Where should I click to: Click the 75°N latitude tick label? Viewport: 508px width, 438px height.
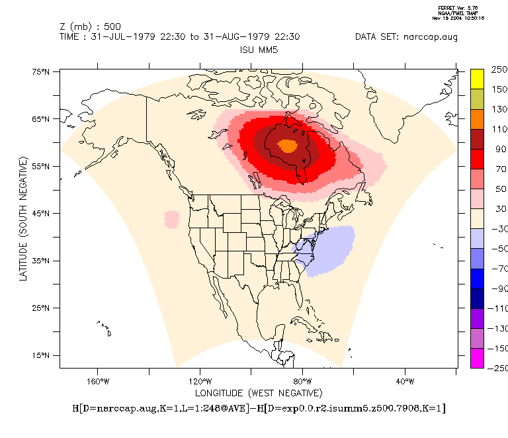(42, 71)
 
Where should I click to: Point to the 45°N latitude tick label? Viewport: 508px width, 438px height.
(42, 214)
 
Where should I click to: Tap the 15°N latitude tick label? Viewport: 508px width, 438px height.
(42, 356)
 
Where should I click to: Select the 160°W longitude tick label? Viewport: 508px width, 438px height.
(97, 381)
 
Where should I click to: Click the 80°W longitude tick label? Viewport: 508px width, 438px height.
(302, 381)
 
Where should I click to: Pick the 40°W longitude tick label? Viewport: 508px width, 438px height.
(405, 381)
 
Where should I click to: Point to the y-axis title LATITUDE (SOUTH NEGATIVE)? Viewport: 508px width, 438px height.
(23, 218)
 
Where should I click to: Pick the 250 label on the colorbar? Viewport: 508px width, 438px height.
(499, 69)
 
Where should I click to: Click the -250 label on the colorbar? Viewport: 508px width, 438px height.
(497, 368)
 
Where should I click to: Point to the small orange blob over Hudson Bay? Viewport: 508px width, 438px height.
(288, 146)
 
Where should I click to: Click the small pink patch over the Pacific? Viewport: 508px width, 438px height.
(172, 219)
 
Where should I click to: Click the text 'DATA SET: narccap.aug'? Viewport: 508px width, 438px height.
(406, 37)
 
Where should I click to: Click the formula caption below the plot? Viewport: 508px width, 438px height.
(259, 409)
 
